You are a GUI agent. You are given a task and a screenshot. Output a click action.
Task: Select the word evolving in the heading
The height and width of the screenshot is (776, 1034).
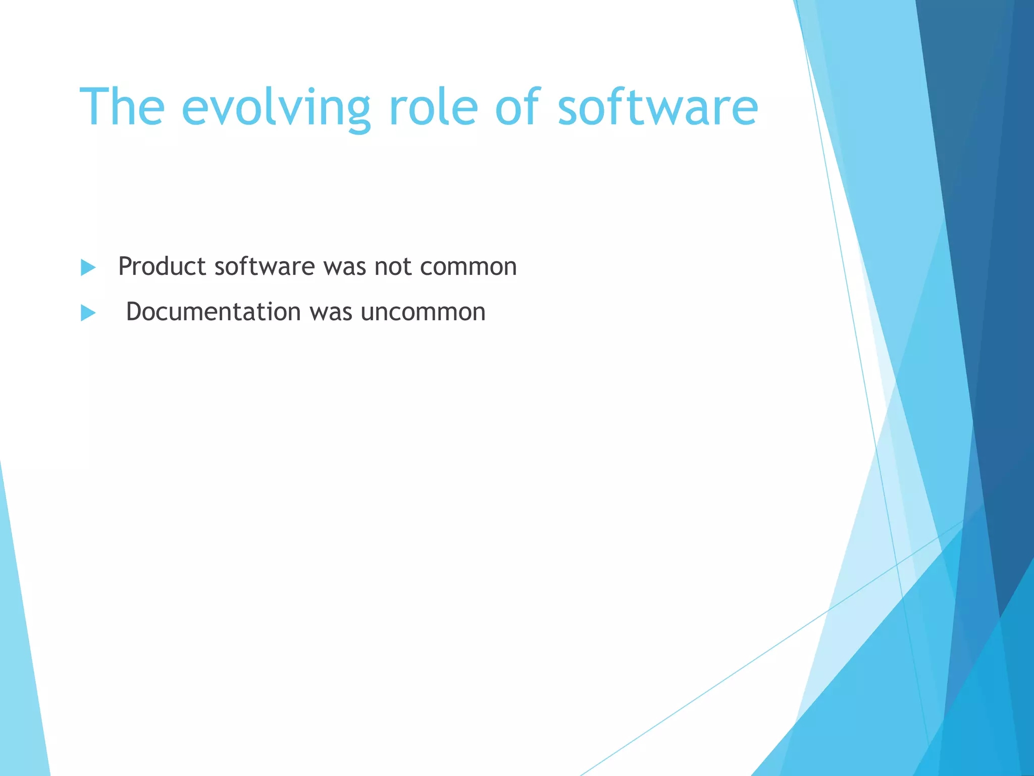276,108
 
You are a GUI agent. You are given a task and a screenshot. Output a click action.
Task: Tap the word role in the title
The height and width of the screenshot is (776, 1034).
433,107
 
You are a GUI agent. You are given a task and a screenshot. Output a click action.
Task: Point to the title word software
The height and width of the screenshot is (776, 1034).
658,107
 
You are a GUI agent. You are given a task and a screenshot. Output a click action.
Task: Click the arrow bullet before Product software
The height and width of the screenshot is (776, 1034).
88,267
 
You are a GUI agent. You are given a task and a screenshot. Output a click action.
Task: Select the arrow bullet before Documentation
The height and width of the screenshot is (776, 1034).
88,313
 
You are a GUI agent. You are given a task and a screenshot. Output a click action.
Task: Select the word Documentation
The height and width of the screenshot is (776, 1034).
214,312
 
